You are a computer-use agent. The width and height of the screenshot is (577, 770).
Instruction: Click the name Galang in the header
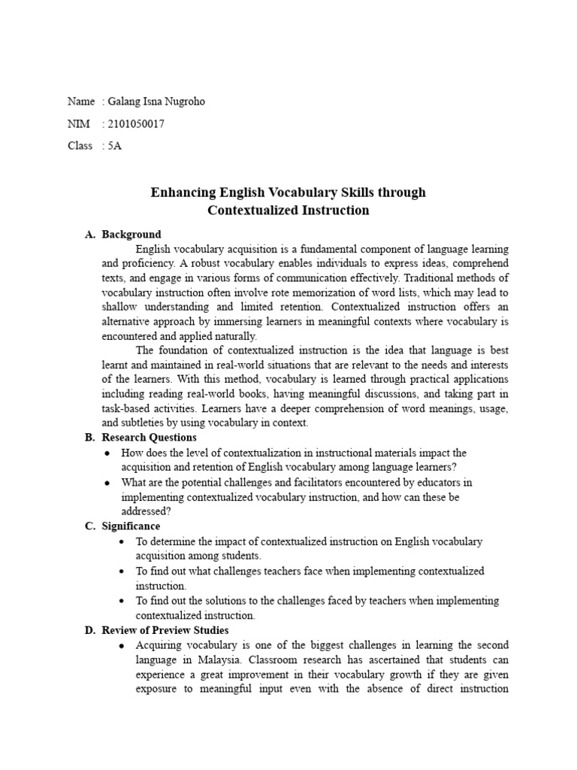pyautogui.click(x=125, y=102)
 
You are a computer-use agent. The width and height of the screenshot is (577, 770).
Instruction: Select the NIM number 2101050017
pyautogui.click(x=136, y=124)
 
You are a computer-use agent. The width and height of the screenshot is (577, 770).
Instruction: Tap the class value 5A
pyautogui.click(x=114, y=146)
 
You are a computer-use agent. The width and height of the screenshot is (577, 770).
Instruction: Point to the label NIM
pyautogui.click(x=78, y=124)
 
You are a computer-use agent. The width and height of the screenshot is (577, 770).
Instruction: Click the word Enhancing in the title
pyautogui.click(x=183, y=192)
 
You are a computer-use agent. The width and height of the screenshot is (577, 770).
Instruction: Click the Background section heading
pyautogui.click(x=131, y=235)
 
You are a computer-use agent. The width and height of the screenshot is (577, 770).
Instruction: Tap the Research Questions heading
pyautogui.click(x=150, y=438)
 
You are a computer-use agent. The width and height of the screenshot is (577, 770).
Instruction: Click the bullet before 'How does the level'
pyautogui.click(x=109, y=453)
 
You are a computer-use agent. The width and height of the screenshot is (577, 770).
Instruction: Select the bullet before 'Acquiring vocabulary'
pyautogui.click(x=122, y=646)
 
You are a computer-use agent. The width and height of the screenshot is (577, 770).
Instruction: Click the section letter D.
pyautogui.click(x=89, y=630)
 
